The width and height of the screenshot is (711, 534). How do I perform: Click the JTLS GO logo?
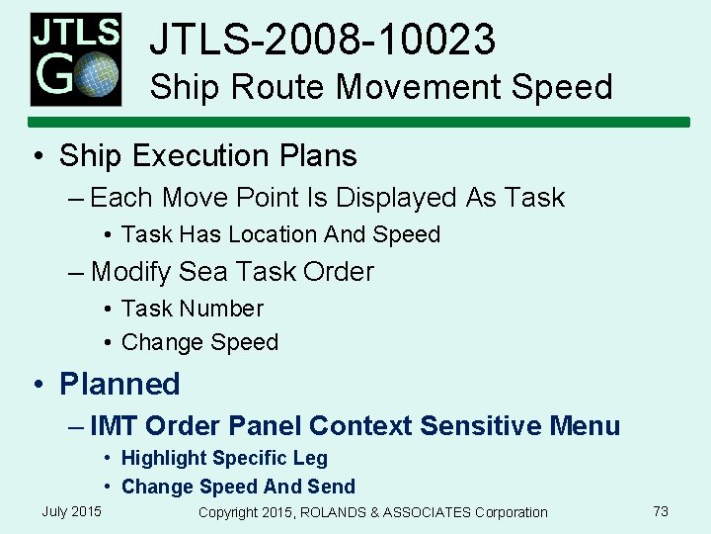click(x=75, y=58)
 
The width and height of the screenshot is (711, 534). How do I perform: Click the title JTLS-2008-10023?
click(x=322, y=41)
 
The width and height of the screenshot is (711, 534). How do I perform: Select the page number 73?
click(x=661, y=511)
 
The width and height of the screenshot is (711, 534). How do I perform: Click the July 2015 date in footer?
click(x=71, y=511)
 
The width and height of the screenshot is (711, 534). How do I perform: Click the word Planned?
click(x=119, y=384)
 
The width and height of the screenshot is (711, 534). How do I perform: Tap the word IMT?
click(x=114, y=426)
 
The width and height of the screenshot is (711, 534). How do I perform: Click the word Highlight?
click(x=164, y=458)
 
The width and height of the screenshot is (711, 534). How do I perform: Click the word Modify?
click(x=130, y=271)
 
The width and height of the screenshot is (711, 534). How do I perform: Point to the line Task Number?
click(x=192, y=309)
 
